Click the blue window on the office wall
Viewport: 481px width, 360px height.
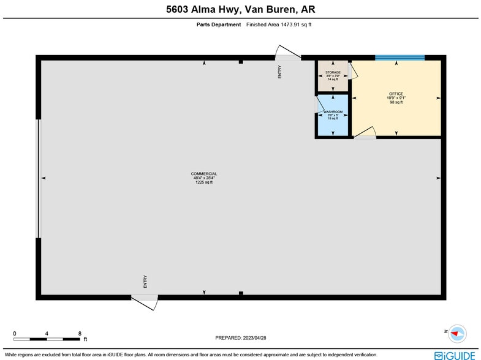[x=400, y=58]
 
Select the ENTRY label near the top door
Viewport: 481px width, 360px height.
[x=280, y=72]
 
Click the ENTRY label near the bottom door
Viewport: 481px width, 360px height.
[x=145, y=282]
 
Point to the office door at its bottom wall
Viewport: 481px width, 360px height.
[x=366, y=133]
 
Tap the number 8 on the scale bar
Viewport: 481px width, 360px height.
[x=80, y=334]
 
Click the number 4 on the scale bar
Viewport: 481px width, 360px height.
[x=47, y=334]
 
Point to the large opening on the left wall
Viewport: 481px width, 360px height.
[x=39, y=178]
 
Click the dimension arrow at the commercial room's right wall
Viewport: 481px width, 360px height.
[x=438, y=178]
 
